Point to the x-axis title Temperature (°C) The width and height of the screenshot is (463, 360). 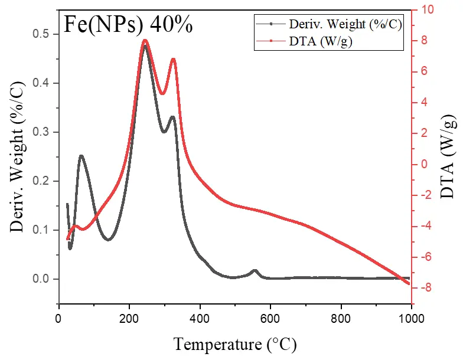(x=234, y=343)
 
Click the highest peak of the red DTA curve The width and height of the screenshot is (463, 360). (x=145, y=41)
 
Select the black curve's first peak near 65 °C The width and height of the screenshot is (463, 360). (x=81, y=156)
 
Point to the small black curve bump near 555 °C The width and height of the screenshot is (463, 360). (x=255, y=270)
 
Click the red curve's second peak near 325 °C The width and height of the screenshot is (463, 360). (x=173, y=59)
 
